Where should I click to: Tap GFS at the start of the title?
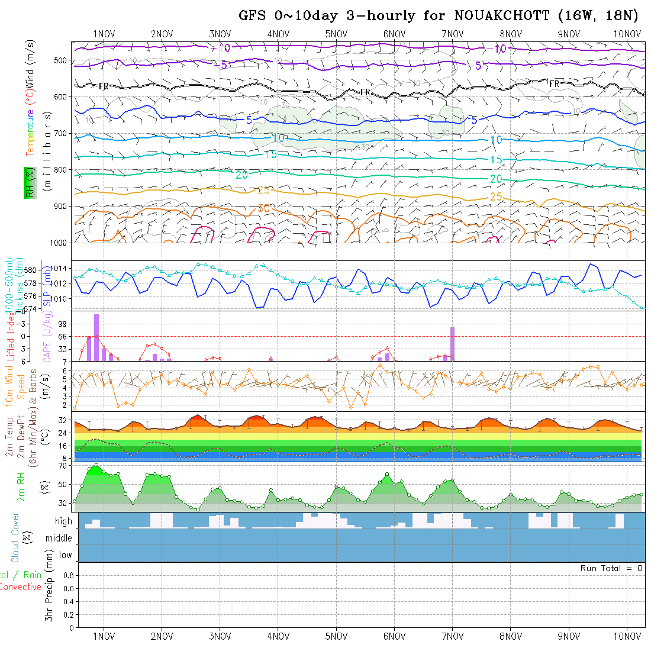(253, 15)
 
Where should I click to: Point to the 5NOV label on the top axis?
(336, 34)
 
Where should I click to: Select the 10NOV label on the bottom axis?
(626, 636)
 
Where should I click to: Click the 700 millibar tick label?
(62, 133)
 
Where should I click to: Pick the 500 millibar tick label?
(62, 60)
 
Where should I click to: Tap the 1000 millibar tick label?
(59, 243)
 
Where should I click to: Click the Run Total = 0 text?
(611, 568)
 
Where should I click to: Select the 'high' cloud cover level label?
(63, 521)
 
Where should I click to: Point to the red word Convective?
(20, 587)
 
